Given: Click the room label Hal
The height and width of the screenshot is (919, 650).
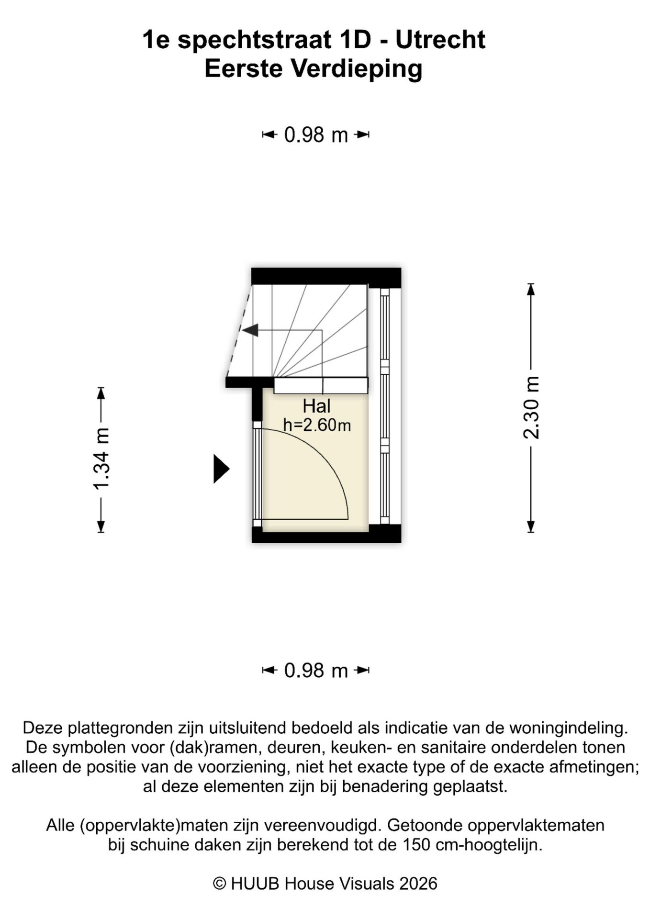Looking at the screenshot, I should [316, 406].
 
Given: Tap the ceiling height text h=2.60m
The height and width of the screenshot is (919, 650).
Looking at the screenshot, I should [317, 425].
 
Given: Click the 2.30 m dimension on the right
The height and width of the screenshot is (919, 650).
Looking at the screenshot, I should [531, 408].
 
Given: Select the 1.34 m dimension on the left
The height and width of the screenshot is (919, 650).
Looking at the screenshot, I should [101, 459].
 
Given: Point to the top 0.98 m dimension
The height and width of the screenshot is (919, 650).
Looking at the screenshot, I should [316, 135].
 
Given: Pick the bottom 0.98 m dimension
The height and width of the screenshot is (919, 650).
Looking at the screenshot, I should [316, 671].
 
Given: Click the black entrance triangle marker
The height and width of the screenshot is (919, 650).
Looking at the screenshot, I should [221, 469].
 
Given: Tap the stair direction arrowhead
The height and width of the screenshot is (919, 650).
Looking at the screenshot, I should [250, 330].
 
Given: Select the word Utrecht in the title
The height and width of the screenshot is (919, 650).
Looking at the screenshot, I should [440, 40].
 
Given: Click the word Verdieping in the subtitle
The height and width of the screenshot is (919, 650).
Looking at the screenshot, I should [357, 68].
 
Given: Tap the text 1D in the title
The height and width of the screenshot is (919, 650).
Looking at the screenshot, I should [355, 40].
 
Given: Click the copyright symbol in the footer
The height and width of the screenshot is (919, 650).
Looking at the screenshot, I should [219, 884].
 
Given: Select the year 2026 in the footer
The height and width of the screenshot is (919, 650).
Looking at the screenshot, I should [418, 884].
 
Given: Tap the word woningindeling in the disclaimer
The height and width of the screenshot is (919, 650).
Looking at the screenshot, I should [568, 728].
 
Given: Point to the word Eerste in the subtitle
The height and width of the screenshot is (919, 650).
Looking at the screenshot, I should [243, 68].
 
